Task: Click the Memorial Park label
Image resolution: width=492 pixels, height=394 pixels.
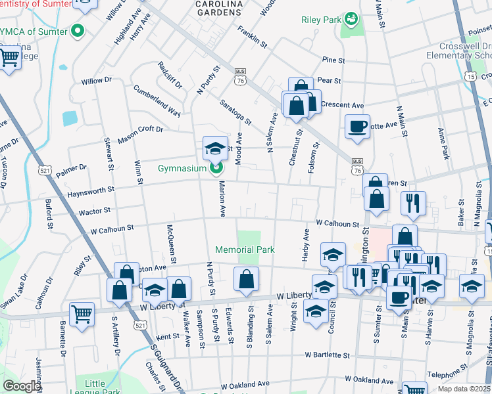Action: (245, 250)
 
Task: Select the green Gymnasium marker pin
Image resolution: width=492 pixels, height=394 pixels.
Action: (215, 169)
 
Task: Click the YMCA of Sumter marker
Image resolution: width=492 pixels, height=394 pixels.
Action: (78, 31)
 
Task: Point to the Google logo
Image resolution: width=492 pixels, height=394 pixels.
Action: (21, 385)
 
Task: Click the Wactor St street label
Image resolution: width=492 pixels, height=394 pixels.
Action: (94, 211)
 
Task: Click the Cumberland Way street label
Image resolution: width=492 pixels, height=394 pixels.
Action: (157, 100)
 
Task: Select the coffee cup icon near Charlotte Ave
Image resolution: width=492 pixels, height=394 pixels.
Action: (357, 126)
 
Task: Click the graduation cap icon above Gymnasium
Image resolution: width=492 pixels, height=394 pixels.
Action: (215, 149)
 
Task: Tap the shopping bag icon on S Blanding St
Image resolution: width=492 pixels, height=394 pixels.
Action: (246, 279)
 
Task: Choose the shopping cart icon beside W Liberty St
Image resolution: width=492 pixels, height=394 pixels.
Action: (82, 314)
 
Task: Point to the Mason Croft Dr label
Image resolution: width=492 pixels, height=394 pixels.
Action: (139, 135)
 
